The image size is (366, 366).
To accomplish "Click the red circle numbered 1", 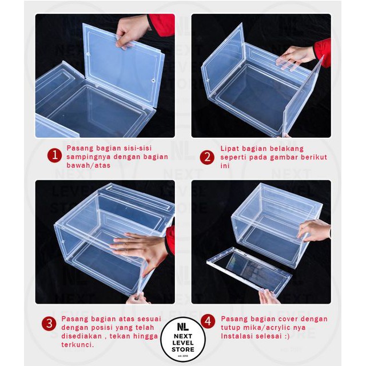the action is pos(54,156).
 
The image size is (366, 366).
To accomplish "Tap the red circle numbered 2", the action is pos(207,157).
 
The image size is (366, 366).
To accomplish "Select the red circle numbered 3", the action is pos(49,324).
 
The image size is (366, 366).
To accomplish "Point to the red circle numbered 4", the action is pos(208,321).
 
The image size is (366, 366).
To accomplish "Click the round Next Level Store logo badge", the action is pos(183,339).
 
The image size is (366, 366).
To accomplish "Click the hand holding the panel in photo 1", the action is pos(132,31).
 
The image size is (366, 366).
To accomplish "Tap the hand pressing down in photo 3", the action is pos(140,250).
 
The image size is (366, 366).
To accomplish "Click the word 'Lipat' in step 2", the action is pos(229,149).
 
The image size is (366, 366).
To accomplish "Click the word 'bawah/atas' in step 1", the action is pos(88,165).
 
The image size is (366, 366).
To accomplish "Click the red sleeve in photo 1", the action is pos(161,25).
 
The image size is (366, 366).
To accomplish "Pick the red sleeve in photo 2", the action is pos(323,53).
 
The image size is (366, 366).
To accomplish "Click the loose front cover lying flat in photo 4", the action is pos(249,271).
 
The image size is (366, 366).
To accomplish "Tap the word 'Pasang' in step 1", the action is pos(80,148).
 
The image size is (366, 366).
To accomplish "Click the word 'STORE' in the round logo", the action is pos(183,349).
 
